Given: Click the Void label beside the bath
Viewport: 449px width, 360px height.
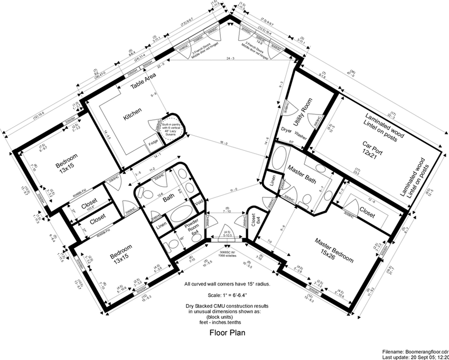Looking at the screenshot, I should tap(199, 201).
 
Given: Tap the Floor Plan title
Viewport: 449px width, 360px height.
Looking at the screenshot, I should tap(227, 333).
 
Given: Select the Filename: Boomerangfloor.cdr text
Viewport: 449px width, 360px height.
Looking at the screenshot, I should tap(415, 350).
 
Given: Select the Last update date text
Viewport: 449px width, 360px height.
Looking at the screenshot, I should tap(415, 356).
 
